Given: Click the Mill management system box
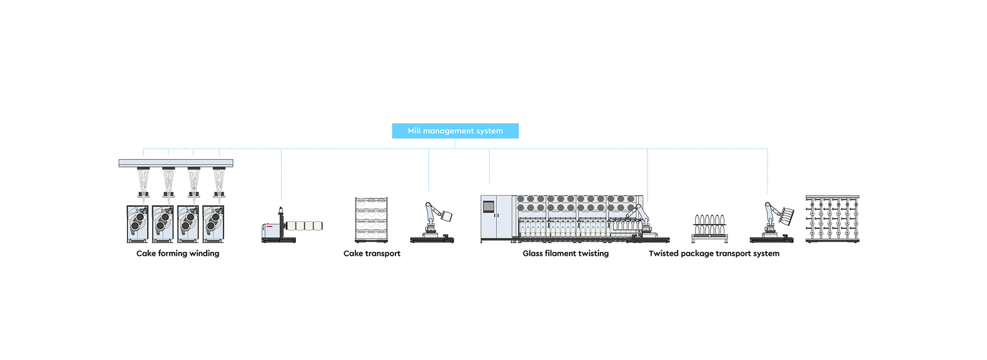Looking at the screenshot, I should [455, 131].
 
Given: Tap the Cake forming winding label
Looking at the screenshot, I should [178, 254].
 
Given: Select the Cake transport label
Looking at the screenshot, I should [372, 254].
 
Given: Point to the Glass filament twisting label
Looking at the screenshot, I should [565, 254].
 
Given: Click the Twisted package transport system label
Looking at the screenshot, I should [714, 254].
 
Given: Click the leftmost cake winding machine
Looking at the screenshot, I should [137, 224].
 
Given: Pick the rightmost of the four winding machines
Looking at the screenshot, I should [213, 224].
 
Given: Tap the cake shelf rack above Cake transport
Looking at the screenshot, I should [371, 220].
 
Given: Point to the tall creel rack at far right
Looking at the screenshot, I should [832, 219].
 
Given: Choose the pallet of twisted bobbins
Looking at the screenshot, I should [710, 229].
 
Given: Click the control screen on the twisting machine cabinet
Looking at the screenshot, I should [488, 207].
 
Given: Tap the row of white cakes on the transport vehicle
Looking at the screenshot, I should [304, 226].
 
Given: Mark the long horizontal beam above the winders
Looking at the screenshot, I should [176, 163].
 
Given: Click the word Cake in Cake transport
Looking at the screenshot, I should [353, 254].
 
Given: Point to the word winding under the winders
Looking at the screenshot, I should [204, 254].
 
